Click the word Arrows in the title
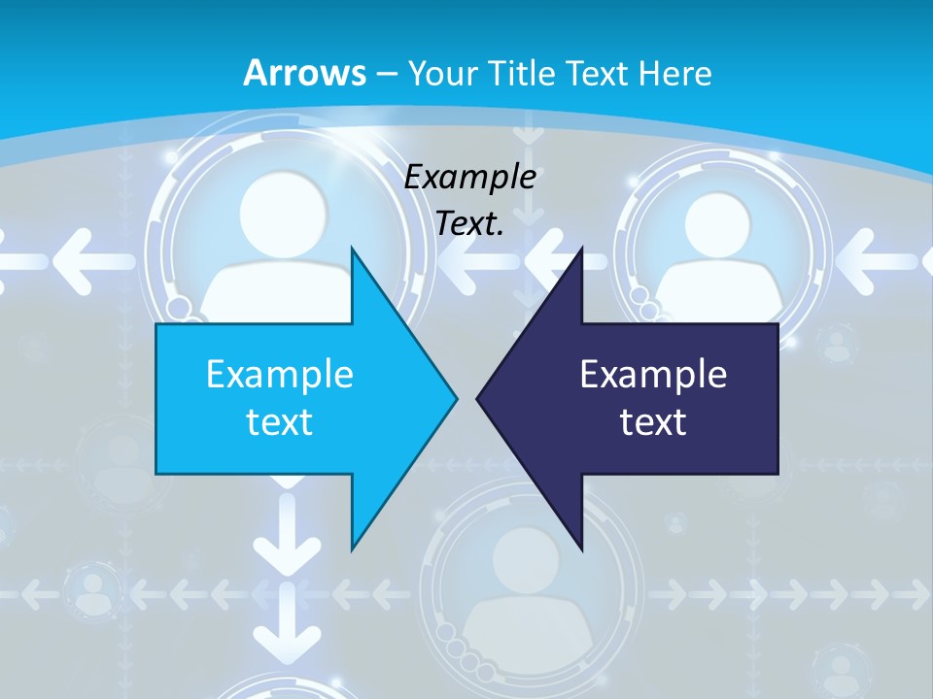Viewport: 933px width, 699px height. click(x=304, y=72)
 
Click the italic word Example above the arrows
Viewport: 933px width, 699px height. click(x=470, y=177)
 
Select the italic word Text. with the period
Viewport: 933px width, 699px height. click(x=470, y=223)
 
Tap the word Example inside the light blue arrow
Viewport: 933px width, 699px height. click(x=280, y=374)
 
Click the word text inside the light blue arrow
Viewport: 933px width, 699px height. click(x=280, y=421)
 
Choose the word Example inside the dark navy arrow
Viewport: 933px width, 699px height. click(x=653, y=374)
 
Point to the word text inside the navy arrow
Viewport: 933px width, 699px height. click(x=653, y=421)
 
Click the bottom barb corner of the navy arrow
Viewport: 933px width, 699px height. click(x=581, y=546)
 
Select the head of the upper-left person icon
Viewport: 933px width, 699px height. click(x=280, y=210)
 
